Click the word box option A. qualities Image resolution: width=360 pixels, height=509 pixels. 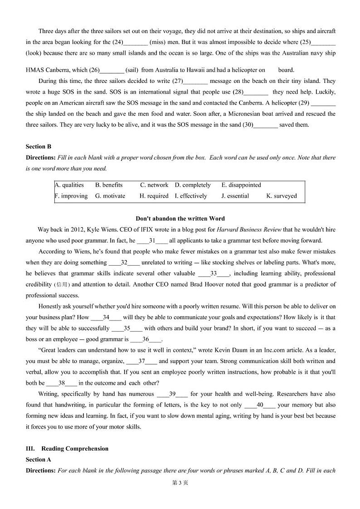coord(69,185)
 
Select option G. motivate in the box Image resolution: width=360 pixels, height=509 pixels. coord(110,196)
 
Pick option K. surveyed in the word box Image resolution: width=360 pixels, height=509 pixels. coord(282,196)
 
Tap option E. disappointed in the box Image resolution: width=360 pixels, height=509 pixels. coord(241,185)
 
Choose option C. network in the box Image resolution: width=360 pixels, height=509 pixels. coord(154,185)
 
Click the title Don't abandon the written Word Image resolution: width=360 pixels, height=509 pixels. coord(180,218)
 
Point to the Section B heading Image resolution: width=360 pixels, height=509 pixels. coord(39,146)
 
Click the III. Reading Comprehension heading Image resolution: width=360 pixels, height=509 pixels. coord(67,449)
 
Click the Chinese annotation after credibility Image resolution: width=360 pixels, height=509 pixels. coord(62,285)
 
